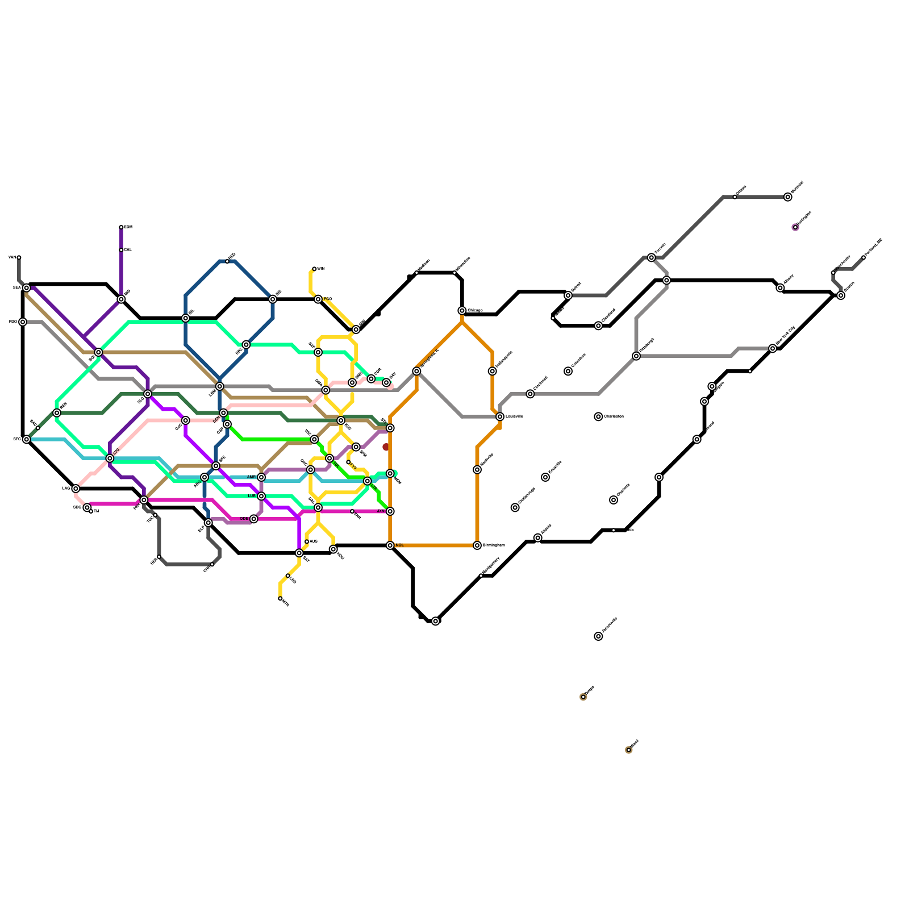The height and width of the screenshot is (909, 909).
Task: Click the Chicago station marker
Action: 462,311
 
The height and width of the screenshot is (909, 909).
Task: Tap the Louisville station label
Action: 514,416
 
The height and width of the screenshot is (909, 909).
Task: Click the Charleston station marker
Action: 598,416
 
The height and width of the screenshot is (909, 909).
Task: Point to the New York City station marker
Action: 773,348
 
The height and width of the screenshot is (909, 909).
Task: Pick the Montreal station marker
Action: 787,197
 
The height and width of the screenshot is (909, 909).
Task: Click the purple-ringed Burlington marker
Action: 795,227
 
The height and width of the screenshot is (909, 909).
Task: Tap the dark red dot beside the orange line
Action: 386,447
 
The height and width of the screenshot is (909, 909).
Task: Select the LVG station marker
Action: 110,458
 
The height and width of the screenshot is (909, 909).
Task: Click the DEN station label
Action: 216,419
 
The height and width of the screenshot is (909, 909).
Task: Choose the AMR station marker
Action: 261,477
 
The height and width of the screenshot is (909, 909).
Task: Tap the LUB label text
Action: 252,496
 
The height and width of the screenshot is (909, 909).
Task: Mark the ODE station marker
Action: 254,519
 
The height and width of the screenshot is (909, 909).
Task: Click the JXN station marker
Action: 390,511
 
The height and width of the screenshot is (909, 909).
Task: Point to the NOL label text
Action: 399,545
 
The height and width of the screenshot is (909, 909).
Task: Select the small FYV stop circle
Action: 348,462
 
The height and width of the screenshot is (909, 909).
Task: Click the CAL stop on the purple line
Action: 121,250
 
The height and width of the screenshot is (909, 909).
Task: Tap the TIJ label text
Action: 97,511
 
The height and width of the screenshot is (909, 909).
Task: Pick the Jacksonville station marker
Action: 598,636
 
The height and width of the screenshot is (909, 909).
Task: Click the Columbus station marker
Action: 568,372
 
